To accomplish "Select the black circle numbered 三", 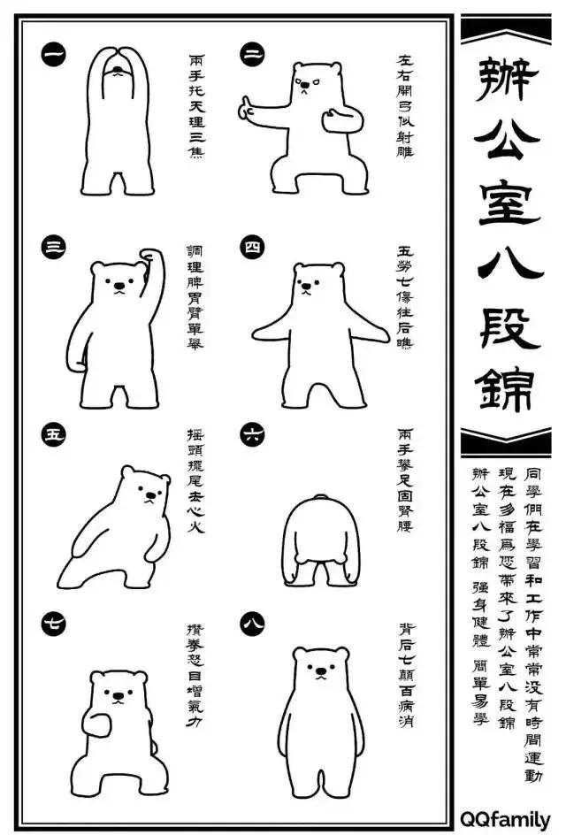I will point(53,249).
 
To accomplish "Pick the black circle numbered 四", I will point(251,249).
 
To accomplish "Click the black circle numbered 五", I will point(53,433).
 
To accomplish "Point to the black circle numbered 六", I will point(251,433).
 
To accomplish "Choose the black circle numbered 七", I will point(53,624).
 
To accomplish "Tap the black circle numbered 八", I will point(251,624).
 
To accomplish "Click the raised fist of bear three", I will point(153,256).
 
